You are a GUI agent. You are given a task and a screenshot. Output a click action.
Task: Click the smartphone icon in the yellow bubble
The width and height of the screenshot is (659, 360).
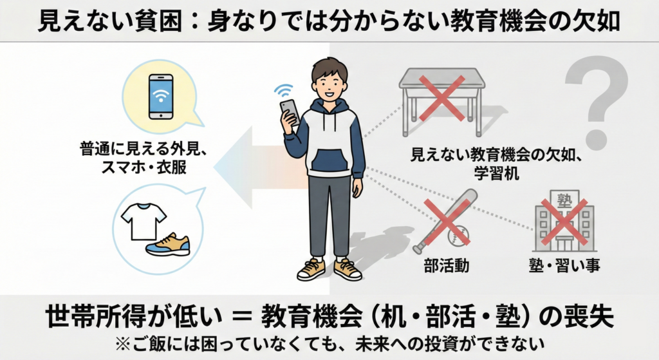tap(161, 97)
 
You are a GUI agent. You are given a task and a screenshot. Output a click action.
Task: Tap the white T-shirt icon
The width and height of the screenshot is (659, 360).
tap(144, 221)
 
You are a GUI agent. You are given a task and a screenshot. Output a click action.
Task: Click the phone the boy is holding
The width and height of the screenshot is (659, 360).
tap(290, 111)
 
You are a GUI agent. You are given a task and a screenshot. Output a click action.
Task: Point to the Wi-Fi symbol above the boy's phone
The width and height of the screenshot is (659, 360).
tap(284, 91)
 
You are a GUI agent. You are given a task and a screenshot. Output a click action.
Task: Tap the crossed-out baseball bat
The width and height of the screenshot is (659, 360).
tap(444, 221)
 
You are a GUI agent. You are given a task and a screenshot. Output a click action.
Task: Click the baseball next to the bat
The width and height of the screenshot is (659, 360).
tap(458, 236)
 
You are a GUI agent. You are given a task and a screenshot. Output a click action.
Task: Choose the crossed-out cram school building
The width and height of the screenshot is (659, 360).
tap(564, 221)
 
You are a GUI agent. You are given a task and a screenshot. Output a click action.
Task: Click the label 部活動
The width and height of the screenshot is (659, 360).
tap(446, 266)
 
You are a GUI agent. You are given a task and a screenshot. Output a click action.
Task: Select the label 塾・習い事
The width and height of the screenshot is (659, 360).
tap(564, 266)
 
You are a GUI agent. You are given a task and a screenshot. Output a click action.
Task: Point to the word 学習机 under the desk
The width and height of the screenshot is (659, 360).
tap(496, 173)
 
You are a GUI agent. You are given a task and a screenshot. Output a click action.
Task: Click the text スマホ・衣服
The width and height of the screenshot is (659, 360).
tap(144, 168)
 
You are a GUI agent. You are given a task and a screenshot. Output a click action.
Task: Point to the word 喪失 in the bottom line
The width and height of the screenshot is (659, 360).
tap(590, 316)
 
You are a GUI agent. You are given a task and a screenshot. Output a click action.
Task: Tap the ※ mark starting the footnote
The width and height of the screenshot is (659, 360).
tap(123, 345)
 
